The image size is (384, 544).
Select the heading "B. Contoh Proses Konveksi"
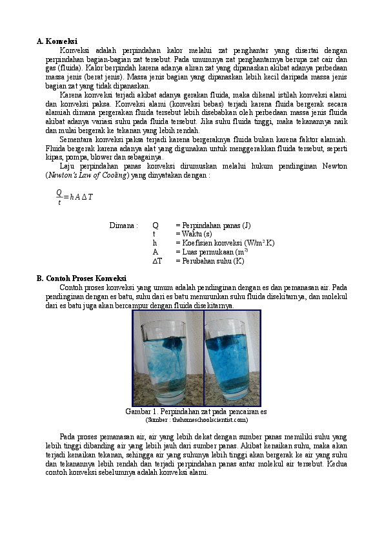pyautogui.click(x=81, y=278)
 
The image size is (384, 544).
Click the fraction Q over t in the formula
pyautogui.click(x=59, y=196)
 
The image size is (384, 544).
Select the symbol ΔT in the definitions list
pyautogui.click(x=157, y=261)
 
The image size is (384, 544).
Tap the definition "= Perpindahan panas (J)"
pyautogui.click(x=212, y=225)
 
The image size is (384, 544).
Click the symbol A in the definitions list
pyautogui.click(x=155, y=252)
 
